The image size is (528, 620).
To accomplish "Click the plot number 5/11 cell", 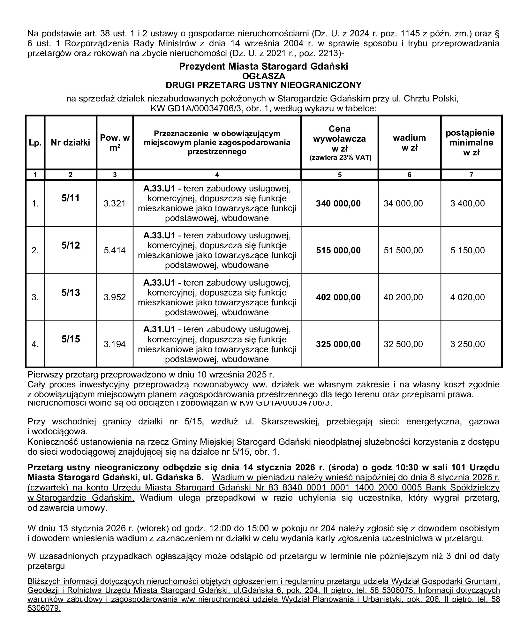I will [71, 198].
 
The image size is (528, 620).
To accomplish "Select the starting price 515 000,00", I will [338, 250].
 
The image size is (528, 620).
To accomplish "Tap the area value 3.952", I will [115, 297].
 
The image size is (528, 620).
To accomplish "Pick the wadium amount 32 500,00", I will [403, 344].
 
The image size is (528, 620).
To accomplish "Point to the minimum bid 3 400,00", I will [467, 204].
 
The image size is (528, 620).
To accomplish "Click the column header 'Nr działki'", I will [71, 142].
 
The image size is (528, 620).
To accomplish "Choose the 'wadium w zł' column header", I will [409, 143].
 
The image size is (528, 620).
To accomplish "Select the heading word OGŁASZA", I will [264, 76].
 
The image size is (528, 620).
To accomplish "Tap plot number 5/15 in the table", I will [71, 339].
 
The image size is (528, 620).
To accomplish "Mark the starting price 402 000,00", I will [338, 297].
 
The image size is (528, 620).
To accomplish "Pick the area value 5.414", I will [115, 250].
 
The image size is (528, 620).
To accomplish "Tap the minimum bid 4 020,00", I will [467, 297].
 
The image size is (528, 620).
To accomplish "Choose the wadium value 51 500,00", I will [403, 250].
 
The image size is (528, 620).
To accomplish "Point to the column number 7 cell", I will [471, 175].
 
